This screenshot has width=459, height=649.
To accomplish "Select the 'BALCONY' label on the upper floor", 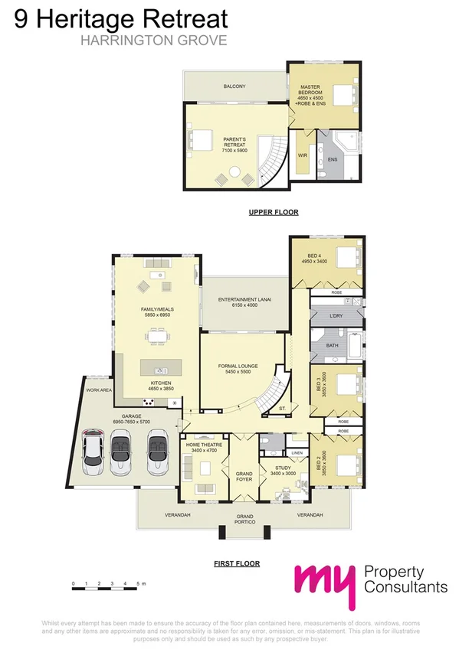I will pyautogui.click(x=234, y=86).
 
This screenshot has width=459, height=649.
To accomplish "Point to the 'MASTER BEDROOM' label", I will pyautogui.click(x=310, y=92).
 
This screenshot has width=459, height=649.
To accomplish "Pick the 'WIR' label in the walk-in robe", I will pyautogui.click(x=302, y=155).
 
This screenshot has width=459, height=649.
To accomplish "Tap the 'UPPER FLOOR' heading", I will pyautogui.click(x=274, y=212).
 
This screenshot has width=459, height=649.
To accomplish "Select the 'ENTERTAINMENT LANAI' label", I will pyautogui.click(x=244, y=299).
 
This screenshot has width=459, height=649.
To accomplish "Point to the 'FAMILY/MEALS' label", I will pyautogui.click(x=159, y=310).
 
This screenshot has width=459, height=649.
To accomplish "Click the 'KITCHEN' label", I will pyautogui.click(x=161, y=383).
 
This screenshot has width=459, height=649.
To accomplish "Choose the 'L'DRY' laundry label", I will pyautogui.click(x=335, y=316).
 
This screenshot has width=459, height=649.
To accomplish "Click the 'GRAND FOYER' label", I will pyautogui.click(x=244, y=477).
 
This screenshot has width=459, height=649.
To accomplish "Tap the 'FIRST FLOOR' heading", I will pyautogui.click(x=237, y=563).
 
